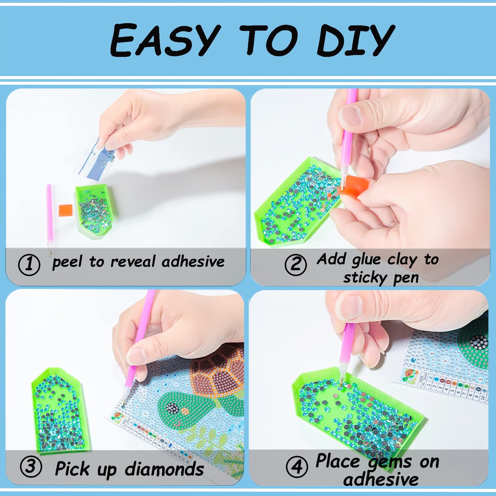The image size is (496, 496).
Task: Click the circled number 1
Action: [29, 265]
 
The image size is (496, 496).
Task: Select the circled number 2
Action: [296, 265]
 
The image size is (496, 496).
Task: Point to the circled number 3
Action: [31, 467]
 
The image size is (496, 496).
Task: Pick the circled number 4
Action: [297, 467]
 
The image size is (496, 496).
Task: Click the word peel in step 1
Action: [67, 263]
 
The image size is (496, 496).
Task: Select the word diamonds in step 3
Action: [164, 469]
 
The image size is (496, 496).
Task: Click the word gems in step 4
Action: [390, 463]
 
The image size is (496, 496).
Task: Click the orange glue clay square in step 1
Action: [65, 210]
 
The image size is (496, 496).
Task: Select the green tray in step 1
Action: [95, 210]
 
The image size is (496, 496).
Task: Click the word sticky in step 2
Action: [364, 278]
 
